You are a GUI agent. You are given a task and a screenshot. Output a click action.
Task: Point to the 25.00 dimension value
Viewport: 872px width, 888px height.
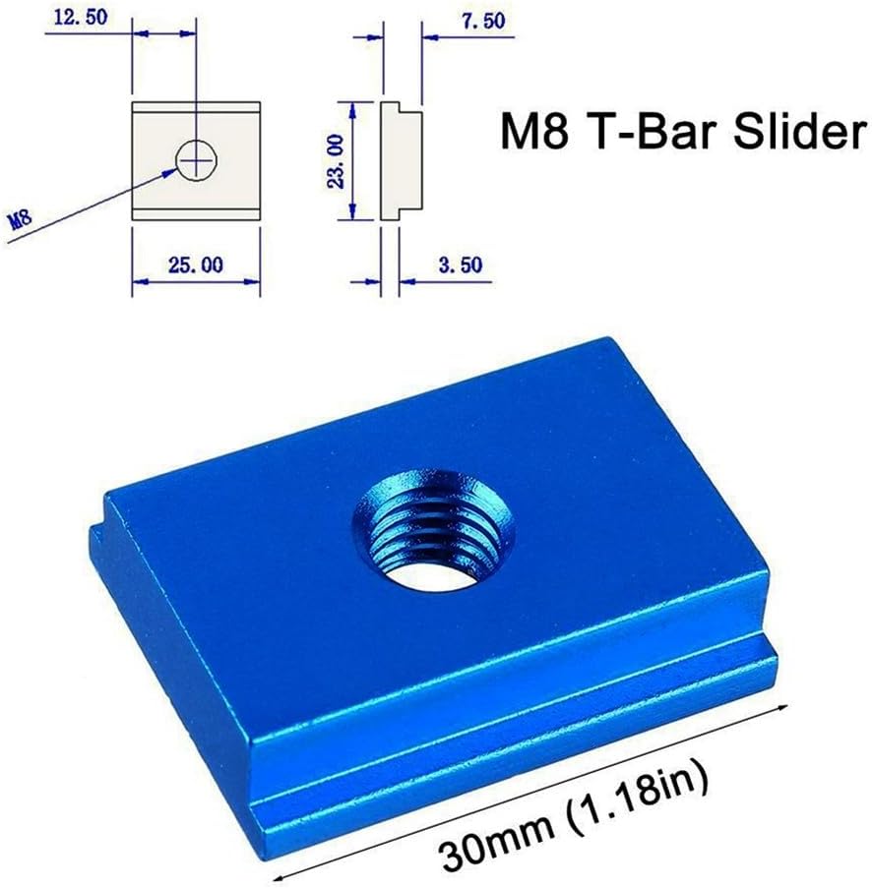[197, 263]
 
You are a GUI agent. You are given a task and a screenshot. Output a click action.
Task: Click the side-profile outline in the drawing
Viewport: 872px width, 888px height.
[401, 162]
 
